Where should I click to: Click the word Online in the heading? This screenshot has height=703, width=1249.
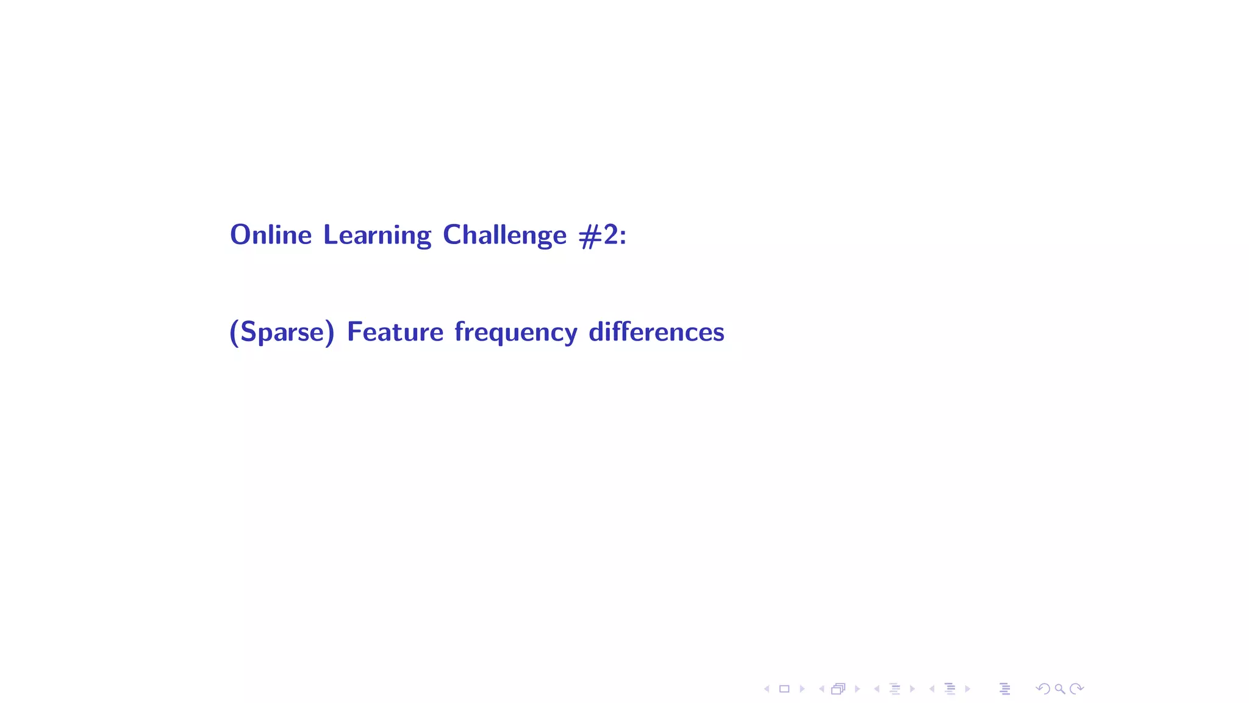point(271,235)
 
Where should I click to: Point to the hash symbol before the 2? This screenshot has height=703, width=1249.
point(590,236)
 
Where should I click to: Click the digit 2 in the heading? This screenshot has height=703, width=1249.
point(610,235)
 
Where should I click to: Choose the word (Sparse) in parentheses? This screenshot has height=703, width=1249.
point(282,333)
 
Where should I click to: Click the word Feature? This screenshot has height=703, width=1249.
point(395,332)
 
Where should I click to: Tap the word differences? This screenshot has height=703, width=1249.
point(656,332)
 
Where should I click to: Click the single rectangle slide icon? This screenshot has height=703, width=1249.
point(784,689)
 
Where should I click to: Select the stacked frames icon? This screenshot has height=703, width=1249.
point(839,689)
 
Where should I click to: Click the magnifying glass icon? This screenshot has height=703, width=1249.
point(1060,689)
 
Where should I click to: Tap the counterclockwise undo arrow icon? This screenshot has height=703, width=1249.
point(1043,689)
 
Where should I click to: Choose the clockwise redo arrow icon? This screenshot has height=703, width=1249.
point(1077,689)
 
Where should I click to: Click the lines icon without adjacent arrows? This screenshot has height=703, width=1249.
point(1005,689)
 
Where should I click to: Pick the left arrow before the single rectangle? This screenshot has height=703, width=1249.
point(767,689)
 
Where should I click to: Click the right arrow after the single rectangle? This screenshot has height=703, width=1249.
point(803,689)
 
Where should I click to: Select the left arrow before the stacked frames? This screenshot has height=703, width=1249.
point(821,689)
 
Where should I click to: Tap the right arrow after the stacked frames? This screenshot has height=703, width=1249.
point(857,689)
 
